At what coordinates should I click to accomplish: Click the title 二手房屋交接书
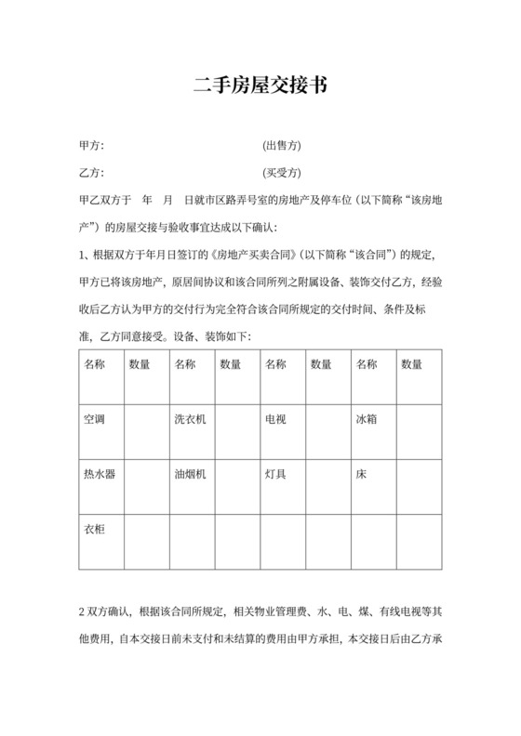point(260,86)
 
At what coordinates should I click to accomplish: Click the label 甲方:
point(91,146)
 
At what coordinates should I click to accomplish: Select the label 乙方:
point(91,173)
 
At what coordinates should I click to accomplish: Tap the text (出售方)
point(282,146)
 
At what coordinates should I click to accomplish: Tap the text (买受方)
point(282,173)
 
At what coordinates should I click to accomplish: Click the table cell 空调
point(94,420)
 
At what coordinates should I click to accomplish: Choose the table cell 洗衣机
point(190,420)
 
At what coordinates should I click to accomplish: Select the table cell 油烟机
point(190,474)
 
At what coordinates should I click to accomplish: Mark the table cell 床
point(361,474)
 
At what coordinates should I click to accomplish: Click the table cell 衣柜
point(94,529)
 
